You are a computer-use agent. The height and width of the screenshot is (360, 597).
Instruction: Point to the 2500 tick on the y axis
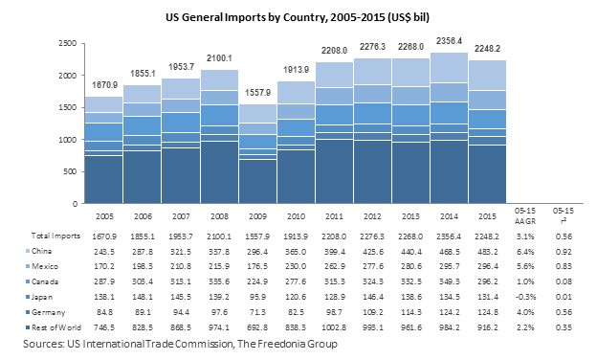pyautogui.click(x=66, y=44)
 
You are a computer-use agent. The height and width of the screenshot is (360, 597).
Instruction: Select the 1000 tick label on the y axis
pyautogui.click(x=66, y=140)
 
